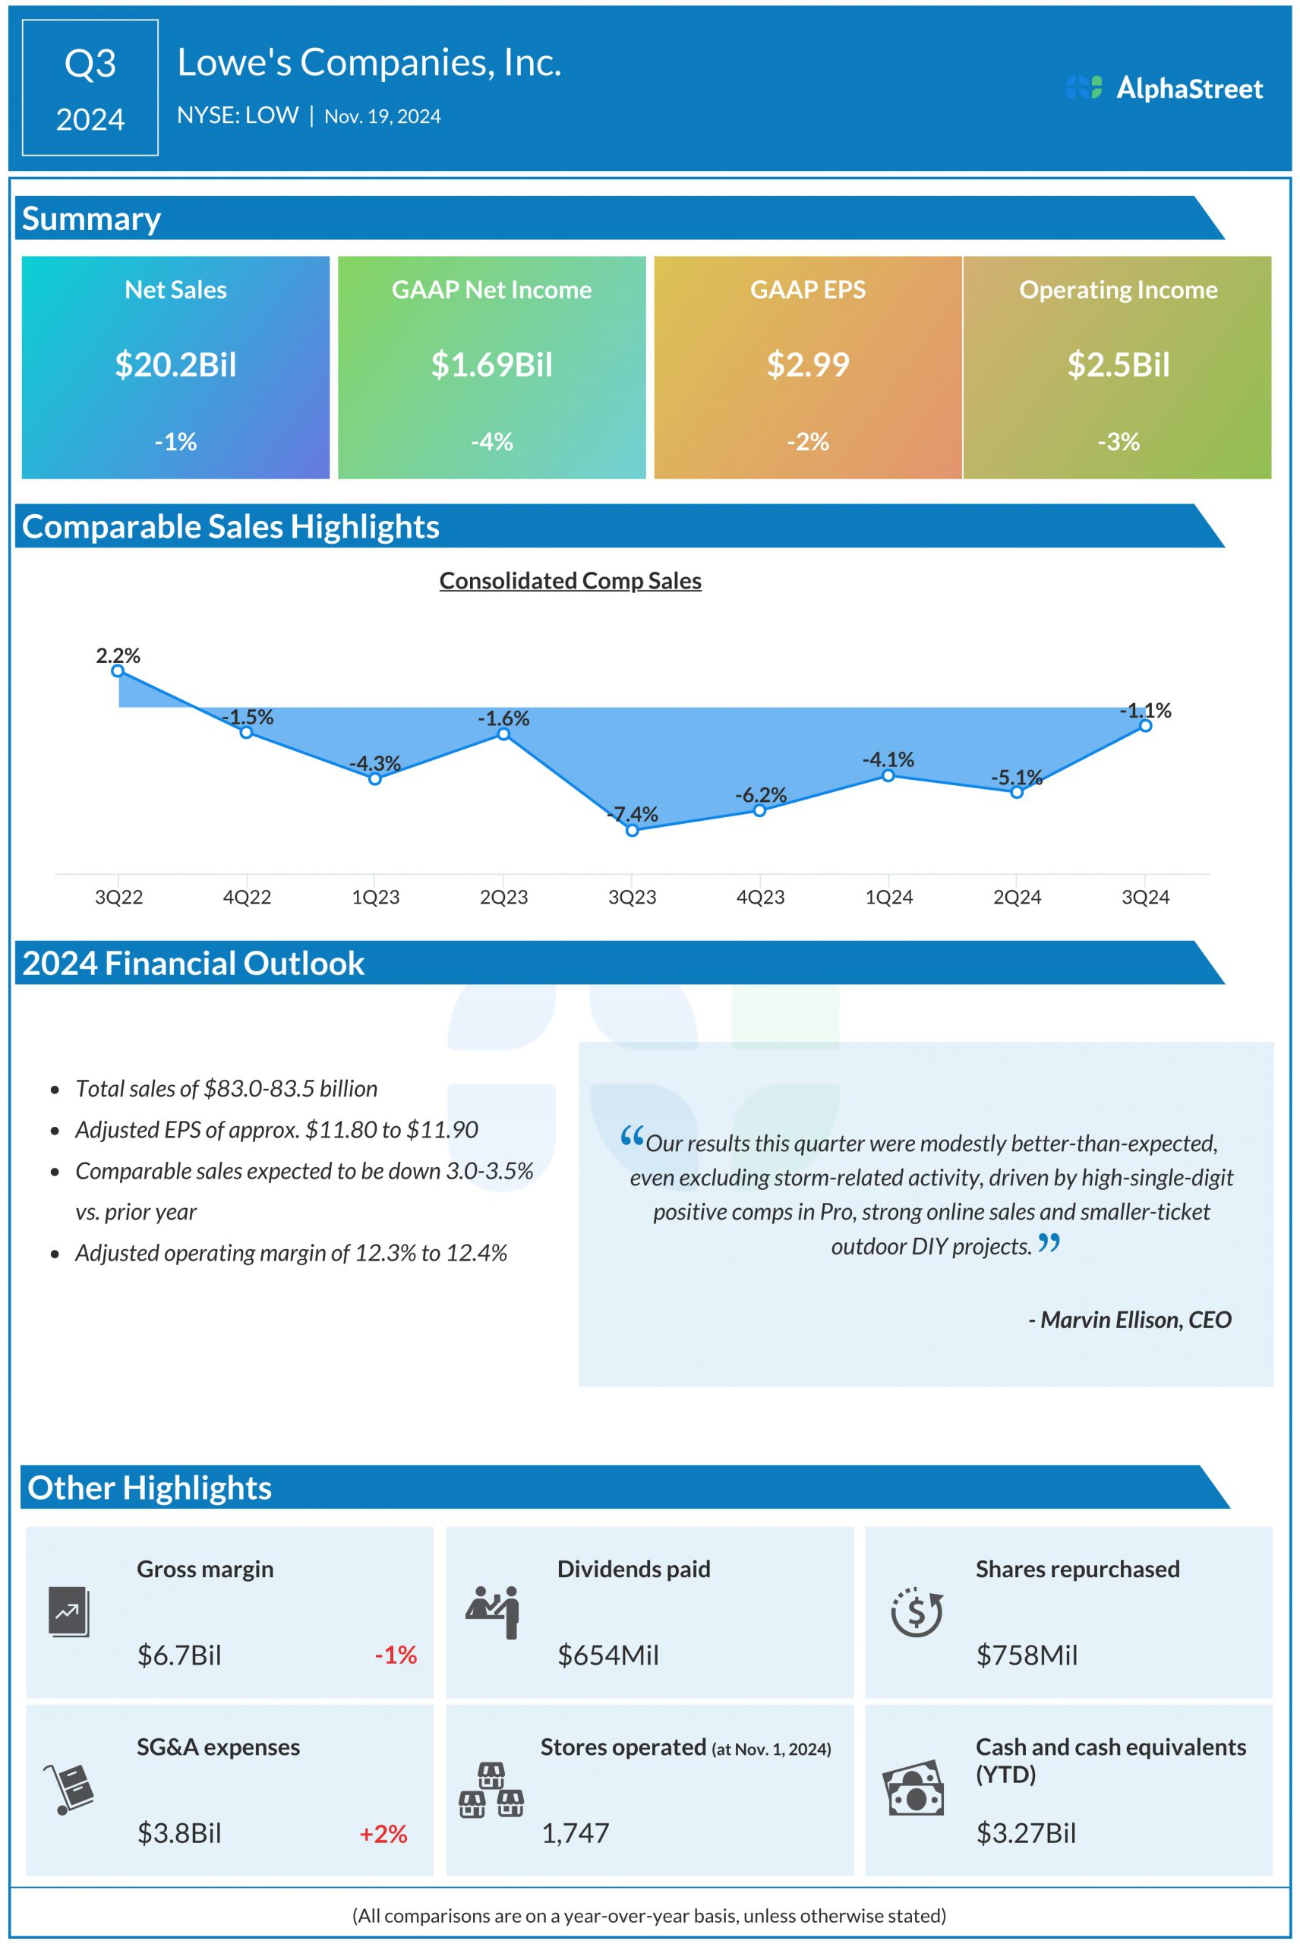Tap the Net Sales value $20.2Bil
pos(175,364)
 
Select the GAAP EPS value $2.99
pos(807,364)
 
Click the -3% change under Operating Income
pos(1118,442)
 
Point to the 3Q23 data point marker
pos(632,831)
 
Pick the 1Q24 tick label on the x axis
pos(888,897)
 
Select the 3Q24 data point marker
pos(1145,726)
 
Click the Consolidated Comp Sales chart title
pos(570,581)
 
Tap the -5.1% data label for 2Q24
pos(1016,778)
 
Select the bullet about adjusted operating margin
pos(290,1253)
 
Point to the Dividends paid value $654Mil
pos(607,1655)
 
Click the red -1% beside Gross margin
pos(396,1655)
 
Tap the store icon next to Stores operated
pos(491,1791)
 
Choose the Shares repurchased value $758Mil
pos(1027,1655)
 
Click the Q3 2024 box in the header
pos(90,88)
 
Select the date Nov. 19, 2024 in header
pos(382,117)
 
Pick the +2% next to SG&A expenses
pos(383,1834)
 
